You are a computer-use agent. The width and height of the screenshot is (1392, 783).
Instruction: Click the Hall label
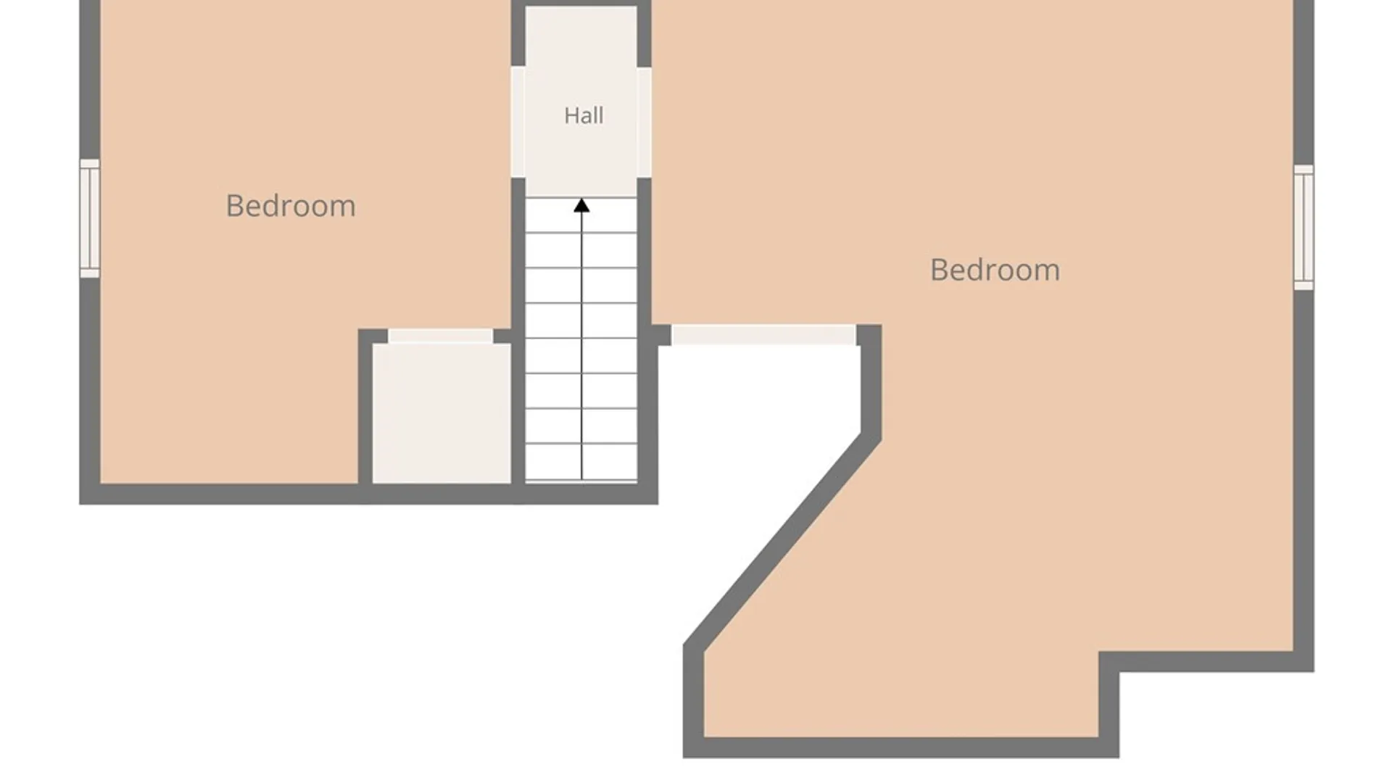pyautogui.click(x=584, y=115)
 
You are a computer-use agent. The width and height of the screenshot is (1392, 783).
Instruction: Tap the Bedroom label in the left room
pyautogui.click(x=291, y=206)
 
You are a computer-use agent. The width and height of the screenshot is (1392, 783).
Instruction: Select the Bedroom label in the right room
pyautogui.click(x=995, y=270)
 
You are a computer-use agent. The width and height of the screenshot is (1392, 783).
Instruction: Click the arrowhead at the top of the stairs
pyautogui.click(x=581, y=206)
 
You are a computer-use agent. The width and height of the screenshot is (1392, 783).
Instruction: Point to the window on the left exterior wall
pyautogui.click(x=90, y=218)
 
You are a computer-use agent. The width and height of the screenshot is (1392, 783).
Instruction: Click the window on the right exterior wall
pyautogui.click(x=1304, y=228)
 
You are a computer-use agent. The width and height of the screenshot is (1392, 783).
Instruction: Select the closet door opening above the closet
pyautogui.click(x=441, y=336)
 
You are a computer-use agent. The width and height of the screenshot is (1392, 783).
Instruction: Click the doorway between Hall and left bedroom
pyautogui.click(x=518, y=122)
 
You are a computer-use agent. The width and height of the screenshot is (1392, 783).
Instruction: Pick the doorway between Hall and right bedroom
pyautogui.click(x=644, y=122)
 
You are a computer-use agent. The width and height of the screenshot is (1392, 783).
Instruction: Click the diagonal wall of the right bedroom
pyautogui.click(x=782, y=540)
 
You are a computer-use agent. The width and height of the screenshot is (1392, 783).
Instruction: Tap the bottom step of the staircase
pyautogui.click(x=581, y=462)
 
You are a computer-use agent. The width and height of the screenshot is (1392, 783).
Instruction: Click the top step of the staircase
pyautogui.click(x=581, y=215)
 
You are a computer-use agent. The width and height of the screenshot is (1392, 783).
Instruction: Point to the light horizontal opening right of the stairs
pyautogui.click(x=763, y=335)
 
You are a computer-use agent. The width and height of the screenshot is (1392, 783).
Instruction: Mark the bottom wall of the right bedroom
pyautogui.click(x=901, y=747)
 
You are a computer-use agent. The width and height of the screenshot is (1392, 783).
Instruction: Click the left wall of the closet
pyautogui.click(x=365, y=413)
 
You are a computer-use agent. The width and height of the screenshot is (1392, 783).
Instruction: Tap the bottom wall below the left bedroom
pyautogui.click(x=368, y=494)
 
